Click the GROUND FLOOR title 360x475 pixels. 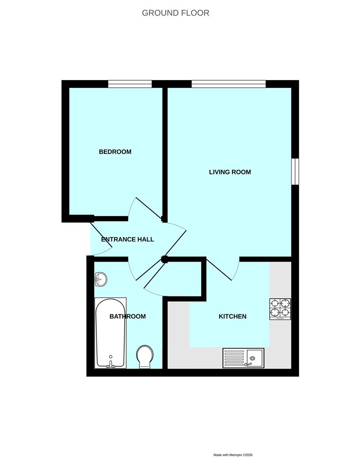[x=176, y=13]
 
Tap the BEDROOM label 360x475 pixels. [x=115, y=152]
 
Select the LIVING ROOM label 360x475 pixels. [x=230, y=172]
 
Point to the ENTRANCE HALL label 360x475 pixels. [x=127, y=239]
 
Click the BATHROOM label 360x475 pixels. [x=128, y=316]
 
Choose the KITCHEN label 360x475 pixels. [x=232, y=316]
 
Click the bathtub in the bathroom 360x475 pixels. [x=110, y=333]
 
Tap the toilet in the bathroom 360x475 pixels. [x=145, y=357]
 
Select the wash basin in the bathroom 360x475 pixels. [x=101, y=279]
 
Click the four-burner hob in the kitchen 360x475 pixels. [x=280, y=309]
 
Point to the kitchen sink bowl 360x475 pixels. [x=255, y=358]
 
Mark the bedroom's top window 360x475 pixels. [x=130, y=84]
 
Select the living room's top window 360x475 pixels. [x=229, y=84]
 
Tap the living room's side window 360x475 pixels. [x=295, y=172]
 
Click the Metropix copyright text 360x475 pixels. [x=233, y=455]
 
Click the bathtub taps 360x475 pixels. [x=110, y=365]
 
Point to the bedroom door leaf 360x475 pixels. [x=148, y=209]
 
